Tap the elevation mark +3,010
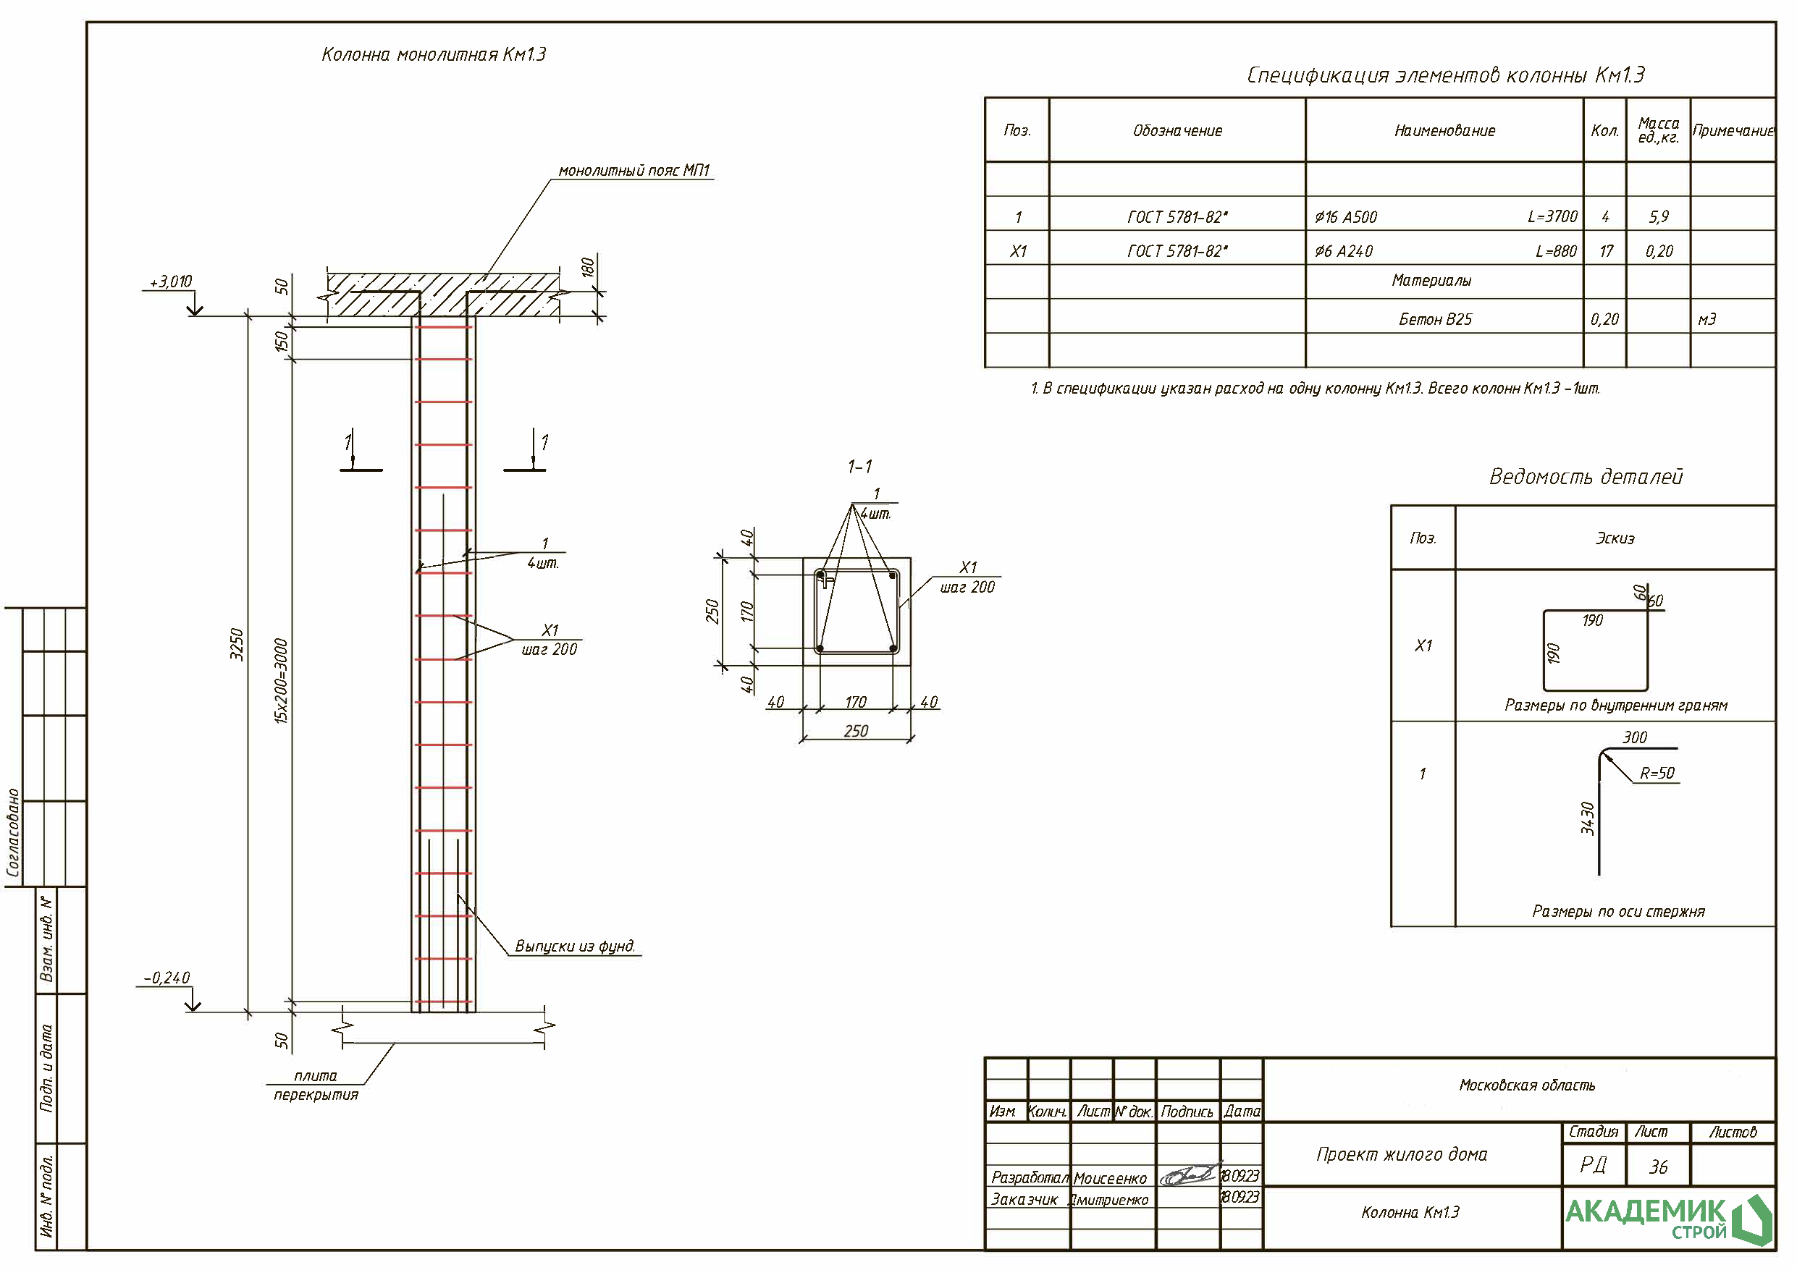coord(171,281)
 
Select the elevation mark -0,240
coord(167,978)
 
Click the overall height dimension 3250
coord(236,644)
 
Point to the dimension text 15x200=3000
coord(281,681)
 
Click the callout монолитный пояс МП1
coord(634,171)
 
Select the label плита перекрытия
coord(316,1085)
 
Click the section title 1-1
coord(859,467)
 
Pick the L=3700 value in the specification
coord(1552,217)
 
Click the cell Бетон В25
coord(1436,319)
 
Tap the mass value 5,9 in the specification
coord(1659,217)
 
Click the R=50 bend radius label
coord(1657,773)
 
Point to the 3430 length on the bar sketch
coord(1587,818)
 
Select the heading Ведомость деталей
coord(1585,477)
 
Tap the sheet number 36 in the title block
coord(1658,1167)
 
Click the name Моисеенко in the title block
coord(1110,1178)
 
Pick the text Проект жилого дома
coord(1402,1154)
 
